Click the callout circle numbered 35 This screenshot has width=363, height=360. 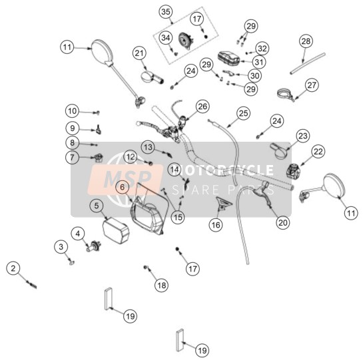[x=166, y=11]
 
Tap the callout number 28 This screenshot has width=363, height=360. [x=306, y=41]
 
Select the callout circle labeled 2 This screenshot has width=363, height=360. [x=13, y=268]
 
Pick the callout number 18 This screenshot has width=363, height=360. [x=162, y=285]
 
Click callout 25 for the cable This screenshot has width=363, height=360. [x=243, y=113]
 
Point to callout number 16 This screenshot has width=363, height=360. [x=216, y=224]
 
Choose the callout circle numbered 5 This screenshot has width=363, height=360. [x=97, y=206]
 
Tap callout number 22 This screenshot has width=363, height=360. [x=318, y=152]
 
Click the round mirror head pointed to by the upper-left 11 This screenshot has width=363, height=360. [x=103, y=52]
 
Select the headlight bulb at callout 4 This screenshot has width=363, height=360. [x=94, y=246]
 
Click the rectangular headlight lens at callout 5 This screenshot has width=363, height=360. [x=115, y=230]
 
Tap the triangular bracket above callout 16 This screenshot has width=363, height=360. [x=224, y=203]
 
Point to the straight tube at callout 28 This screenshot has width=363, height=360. [x=308, y=63]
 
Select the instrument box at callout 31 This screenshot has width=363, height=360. [x=228, y=59]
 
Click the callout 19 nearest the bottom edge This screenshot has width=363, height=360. [x=202, y=350]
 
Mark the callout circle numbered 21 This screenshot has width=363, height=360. [x=139, y=53]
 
